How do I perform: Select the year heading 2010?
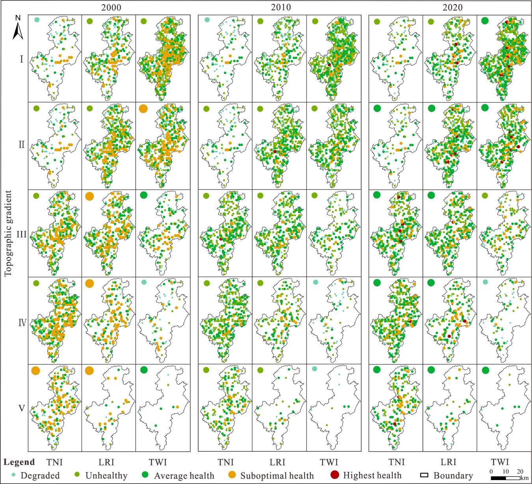(x=281, y=7)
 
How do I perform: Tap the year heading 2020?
(x=452, y=7)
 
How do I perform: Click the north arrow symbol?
(x=17, y=28)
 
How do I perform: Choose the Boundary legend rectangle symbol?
(x=424, y=475)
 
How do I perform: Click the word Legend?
(x=20, y=462)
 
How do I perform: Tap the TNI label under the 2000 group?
(x=54, y=462)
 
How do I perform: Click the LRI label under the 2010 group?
(x=277, y=462)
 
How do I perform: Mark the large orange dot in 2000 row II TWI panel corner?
(x=143, y=108)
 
